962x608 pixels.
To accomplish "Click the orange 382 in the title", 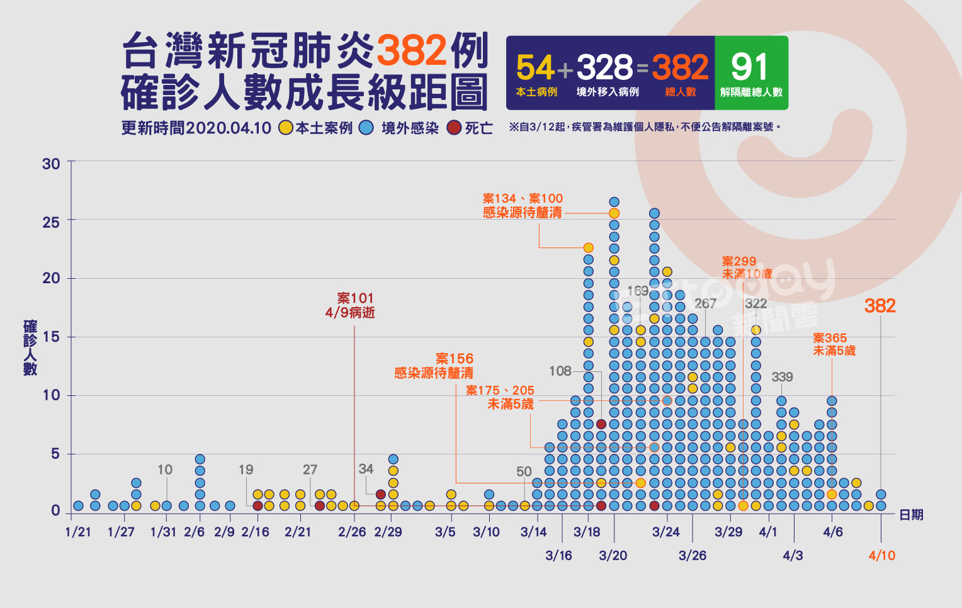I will point(412,50).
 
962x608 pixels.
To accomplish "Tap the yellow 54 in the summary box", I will point(535,68).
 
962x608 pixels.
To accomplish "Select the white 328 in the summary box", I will point(604,68).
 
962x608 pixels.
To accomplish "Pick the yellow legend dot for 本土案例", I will point(286,128).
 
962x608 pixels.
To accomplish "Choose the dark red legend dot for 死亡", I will point(454,128).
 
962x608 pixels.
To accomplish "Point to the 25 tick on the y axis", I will point(51,222).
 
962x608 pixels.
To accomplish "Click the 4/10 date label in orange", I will point(881,556).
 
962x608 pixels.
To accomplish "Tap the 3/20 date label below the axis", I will point(613,556).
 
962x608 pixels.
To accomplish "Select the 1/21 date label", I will point(78,532).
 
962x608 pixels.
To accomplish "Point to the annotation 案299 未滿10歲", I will point(747,267).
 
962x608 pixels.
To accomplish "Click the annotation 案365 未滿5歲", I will point(834,344).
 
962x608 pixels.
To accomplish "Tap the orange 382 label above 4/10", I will point(880,306).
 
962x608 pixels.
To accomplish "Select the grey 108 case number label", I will point(560,371).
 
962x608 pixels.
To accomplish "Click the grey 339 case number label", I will point(782,377).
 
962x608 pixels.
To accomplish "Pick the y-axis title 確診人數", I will point(30,347).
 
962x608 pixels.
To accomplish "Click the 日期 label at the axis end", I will point(911,515).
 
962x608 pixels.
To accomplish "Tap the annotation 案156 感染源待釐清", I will point(434,366).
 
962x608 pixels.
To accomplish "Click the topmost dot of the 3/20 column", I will point(614,202).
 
